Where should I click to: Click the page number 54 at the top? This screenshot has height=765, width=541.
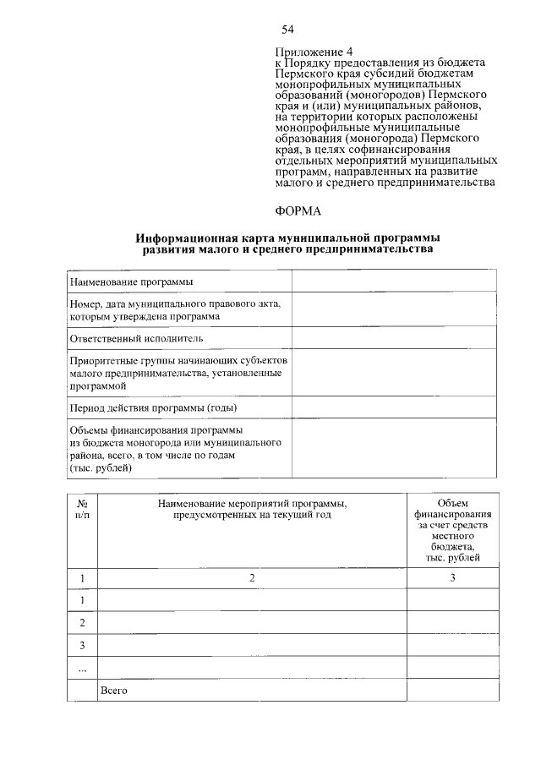pos(287,30)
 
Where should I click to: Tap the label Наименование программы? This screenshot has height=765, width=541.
pos(131,281)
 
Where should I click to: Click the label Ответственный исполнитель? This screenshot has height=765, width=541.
pos(137,338)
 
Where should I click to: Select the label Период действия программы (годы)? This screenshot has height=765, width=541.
pos(152,407)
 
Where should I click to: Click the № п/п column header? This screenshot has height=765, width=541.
pos(83,509)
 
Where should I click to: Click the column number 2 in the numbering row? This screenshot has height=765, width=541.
pos(252,577)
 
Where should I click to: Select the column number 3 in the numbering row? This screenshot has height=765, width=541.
pos(452,577)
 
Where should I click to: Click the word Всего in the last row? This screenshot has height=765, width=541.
pos(113,691)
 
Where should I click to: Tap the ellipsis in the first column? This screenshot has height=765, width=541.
pos(83,668)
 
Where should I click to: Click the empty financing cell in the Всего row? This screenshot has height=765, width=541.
pos(452,691)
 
